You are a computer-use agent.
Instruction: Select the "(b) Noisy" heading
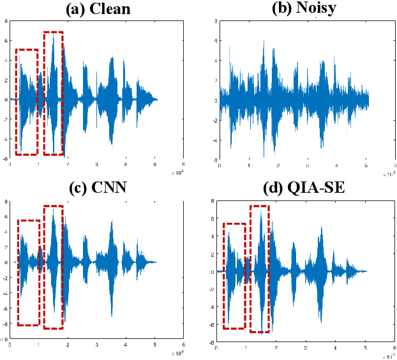[x=294, y=9]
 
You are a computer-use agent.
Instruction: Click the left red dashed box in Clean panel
[x=27, y=101]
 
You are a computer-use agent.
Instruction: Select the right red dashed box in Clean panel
[x=53, y=93]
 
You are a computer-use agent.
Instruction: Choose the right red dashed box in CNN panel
[x=53, y=267]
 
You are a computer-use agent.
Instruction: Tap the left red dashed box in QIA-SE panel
[x=234, y=276]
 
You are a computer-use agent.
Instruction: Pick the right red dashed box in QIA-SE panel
[x=260, y=269]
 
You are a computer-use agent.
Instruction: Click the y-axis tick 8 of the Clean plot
[x=6, y=20]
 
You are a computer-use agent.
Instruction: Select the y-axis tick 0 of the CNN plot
[x=6, y=262]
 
